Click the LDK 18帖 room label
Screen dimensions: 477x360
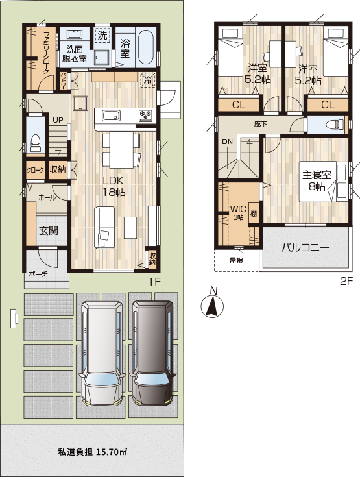tap(114, 186)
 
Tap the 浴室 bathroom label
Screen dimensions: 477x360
tap(126, 49)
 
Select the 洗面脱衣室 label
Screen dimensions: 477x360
tap(75, 53)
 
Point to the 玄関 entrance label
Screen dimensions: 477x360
tap(47, 230)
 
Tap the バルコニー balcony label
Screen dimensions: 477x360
tap(305, 247)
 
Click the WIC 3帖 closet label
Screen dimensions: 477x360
tap(237, 213)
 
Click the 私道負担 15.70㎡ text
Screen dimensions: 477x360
tap(91, 452)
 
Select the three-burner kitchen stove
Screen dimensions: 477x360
tap(146, 116)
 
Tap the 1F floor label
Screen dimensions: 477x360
tap(154, 281)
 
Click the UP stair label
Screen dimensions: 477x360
tap(58, 120)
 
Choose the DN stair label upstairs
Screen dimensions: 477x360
tap(228, 141)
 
